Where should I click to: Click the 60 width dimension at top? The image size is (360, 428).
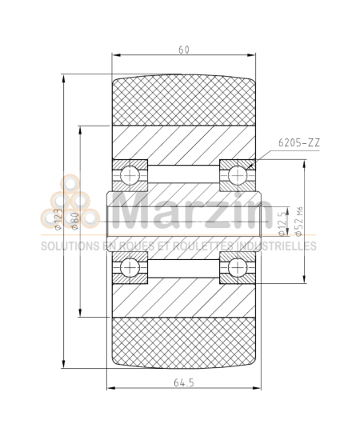(184, 50)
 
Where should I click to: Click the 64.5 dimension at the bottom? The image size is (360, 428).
(185, 383)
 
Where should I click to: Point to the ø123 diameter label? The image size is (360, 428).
(57, 215)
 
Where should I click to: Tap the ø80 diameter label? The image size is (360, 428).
(73, 215)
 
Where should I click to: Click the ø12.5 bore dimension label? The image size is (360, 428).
(281, 223)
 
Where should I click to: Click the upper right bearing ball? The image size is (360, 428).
(237, 174)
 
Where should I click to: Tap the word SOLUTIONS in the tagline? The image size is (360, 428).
(68, 246)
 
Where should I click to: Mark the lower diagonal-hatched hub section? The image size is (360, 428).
(184, 295)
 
